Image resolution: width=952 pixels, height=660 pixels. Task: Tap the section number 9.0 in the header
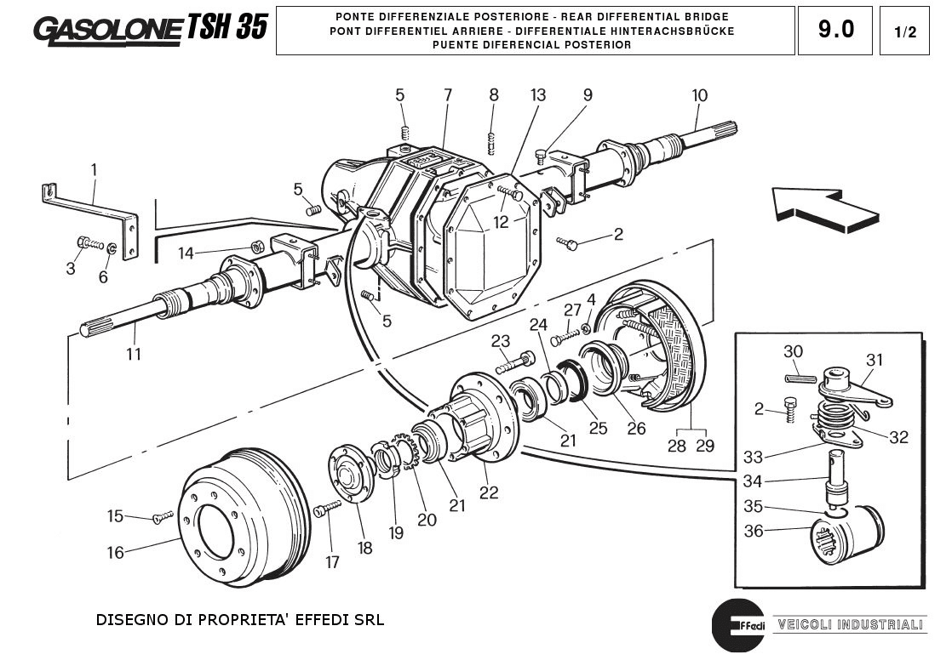(834, 30)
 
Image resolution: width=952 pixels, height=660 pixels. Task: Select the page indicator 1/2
(905, 32)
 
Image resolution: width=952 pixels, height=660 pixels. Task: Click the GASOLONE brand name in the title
(107, 29)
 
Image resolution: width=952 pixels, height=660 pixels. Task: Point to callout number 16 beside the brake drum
(115, 553)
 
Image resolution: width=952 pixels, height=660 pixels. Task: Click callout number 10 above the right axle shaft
(699, 95)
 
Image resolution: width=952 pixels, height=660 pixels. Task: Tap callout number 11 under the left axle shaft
(133, 354)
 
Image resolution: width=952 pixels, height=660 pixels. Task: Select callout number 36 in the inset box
(753, 532)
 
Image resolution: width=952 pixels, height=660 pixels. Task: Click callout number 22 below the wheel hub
(489, 492)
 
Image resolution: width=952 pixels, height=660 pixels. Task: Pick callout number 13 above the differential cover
(538, 95)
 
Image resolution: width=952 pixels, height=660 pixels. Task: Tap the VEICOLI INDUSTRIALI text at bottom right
(846, 624)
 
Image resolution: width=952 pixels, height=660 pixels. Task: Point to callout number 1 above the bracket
(94, 170)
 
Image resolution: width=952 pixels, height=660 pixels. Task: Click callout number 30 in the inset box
(793, 352)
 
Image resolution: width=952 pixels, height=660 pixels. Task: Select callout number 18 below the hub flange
(364, 549)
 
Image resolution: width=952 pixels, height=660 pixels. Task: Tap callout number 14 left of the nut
(186, 253)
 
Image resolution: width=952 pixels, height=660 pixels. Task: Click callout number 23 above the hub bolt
(500, 341)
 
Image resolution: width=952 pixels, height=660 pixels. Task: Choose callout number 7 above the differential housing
(448, 95)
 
